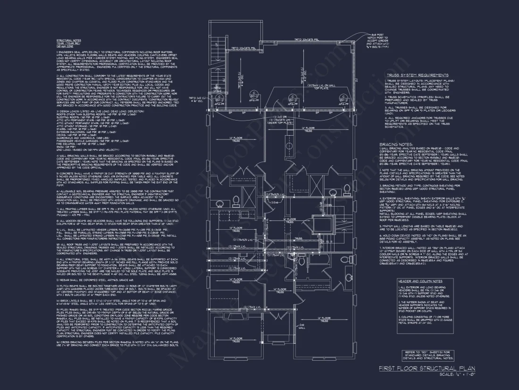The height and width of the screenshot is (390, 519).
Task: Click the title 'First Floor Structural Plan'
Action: [x=427, y=368]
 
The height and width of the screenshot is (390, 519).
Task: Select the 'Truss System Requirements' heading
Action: [x=418, y=75]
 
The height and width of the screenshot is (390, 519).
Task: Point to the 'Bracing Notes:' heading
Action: [x=396, y=144]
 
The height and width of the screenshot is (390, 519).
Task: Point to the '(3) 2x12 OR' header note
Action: [x=282, y=116]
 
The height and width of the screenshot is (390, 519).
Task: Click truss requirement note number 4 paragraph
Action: [x=418, y=122]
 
